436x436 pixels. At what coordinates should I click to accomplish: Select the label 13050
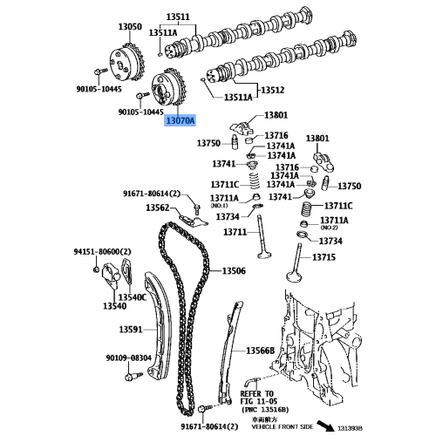tap(130, 27)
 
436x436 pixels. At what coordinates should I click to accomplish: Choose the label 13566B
tap(259, 350)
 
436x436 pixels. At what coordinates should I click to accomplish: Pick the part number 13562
tap(157, 208)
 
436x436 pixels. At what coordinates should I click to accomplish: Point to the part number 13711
tap(235, 232)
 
